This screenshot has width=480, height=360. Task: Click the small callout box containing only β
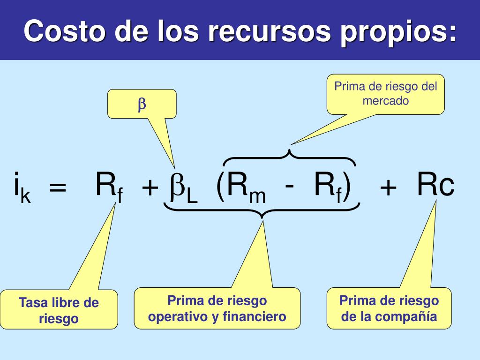tap(142, 104)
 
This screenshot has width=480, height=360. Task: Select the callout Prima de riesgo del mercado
tap(385, 94)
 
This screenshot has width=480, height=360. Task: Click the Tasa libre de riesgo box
tap(59, 311)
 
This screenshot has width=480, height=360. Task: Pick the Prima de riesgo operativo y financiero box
tap(217, 308)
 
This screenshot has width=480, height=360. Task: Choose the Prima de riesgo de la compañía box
tap(389, 308)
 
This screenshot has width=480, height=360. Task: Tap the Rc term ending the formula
tap(435, 186)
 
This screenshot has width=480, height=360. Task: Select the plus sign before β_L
tap(150, 189)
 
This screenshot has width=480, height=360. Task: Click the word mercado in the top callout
tap(385, 100)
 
